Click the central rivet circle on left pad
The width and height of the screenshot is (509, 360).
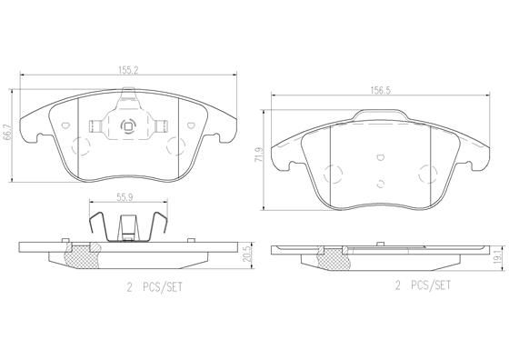pyautogui.click(x=127, y=126)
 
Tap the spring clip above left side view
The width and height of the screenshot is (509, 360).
pyautogui.click(x=127, y=225)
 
